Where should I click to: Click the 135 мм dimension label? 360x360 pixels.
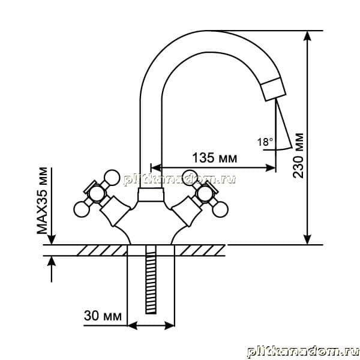point(214,158)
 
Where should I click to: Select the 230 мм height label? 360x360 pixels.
point(298,155)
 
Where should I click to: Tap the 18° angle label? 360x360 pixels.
point(265,142)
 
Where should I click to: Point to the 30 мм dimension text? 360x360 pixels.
point(103,316)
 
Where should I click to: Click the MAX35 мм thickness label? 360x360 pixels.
point(42,200)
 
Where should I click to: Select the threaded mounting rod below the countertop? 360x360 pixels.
point(151,283)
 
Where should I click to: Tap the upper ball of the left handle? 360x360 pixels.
point(112,178)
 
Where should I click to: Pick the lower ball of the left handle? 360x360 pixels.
point(82,209)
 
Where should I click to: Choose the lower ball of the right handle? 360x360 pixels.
point(220,209)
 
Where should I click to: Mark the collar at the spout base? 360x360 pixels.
point(151,194)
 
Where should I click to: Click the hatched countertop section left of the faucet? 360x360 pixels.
point(101,250)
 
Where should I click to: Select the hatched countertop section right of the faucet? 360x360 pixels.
point(200,250)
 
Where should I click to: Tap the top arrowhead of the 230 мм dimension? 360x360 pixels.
point(307,36)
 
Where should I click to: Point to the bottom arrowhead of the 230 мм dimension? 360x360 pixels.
point(307,239)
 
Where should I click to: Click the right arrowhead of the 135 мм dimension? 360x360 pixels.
point(271,168)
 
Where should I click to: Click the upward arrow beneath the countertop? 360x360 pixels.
point(52,269)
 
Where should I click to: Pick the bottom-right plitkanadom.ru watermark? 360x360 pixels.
point(303,352)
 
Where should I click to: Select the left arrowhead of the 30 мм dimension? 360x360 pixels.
point(132,326)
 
